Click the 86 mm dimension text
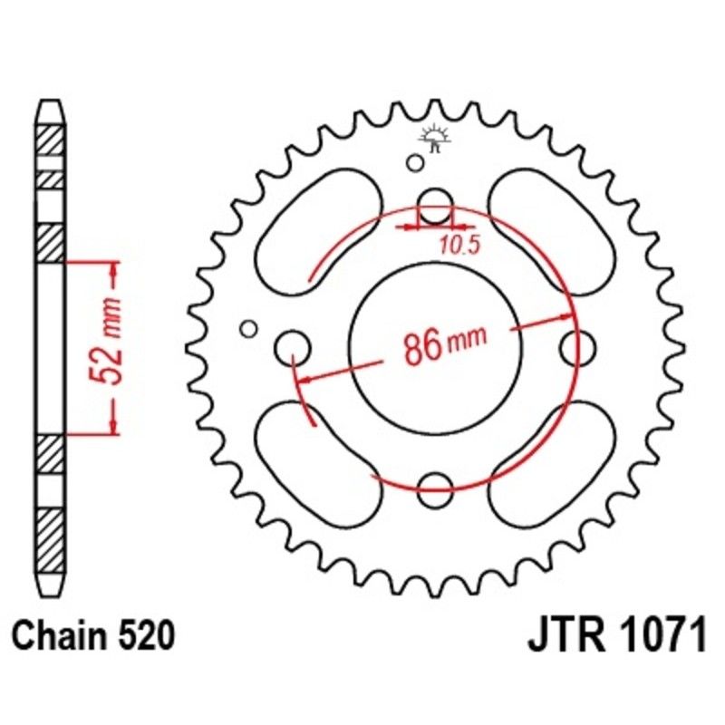(440, 345)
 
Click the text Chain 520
(93, 637)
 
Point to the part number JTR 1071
(616, 637)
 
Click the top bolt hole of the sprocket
(435, 205)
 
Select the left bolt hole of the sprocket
(293, 345)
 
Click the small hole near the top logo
(414, 163)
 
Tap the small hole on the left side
(248, 328)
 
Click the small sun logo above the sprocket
(436, 139)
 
